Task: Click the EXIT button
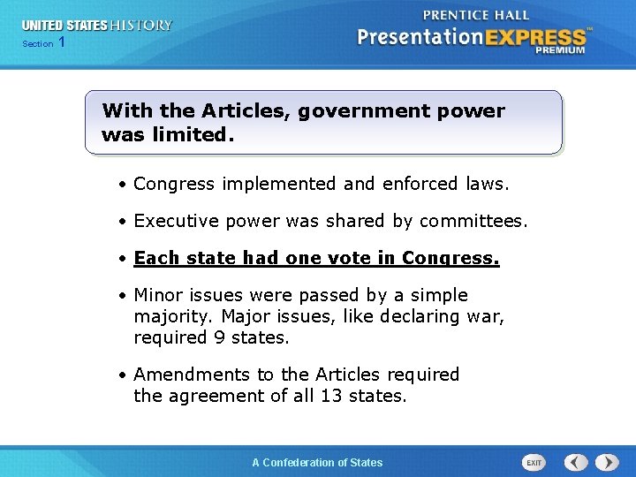tap(534, 462)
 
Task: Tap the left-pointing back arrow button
tap(576, 462)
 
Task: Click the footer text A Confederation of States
tap(317, 462)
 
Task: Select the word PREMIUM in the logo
tap(559, 50)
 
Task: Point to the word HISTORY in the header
tap(142, 26)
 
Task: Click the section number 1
tap(61, 42)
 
